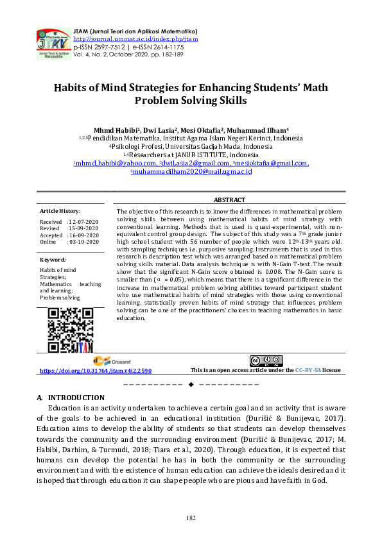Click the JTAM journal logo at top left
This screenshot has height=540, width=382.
53,43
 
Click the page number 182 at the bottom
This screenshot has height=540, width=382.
191,518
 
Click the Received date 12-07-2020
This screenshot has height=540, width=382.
83,221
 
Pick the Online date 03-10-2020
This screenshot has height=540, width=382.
83,242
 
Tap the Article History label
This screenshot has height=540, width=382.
60,210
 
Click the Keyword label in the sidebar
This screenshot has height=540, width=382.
53,259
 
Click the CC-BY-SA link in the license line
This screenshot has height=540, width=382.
308,371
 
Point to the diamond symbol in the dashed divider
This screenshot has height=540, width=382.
191,384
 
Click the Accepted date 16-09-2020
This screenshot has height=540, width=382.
83,235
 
